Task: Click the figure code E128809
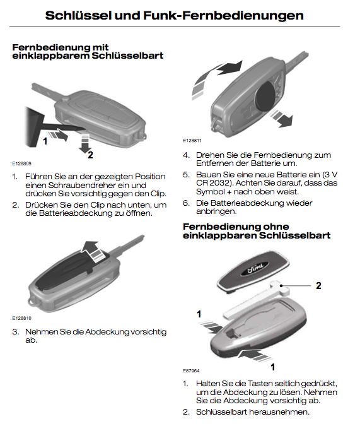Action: tap(21, 163)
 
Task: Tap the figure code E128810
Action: tap(21, 318)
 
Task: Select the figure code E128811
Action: tap(192, 141)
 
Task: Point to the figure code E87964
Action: tap(191, 370)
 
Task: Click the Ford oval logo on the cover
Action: tap(253, 268)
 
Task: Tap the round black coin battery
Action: tap(266, 95)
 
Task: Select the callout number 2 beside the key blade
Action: tap(318, 286)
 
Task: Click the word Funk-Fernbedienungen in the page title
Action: tap(223, 16)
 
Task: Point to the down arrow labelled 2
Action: tap(85, 143)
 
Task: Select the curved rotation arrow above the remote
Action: tap(216, 78)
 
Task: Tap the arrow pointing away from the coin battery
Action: tap(281, 118)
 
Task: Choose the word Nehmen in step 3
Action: tap(42, 332)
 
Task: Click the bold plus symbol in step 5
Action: tap(229, 192)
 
